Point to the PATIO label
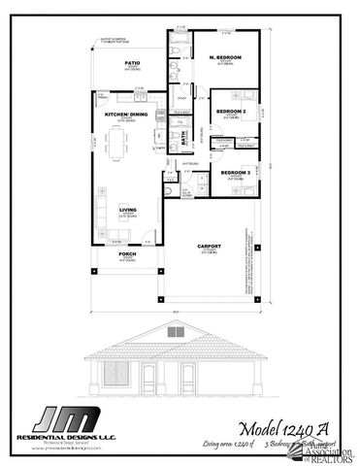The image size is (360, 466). [132, 63]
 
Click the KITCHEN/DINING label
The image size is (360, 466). [124, 115]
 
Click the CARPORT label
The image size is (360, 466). [209, 247]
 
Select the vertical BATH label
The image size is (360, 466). [183, 139]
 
